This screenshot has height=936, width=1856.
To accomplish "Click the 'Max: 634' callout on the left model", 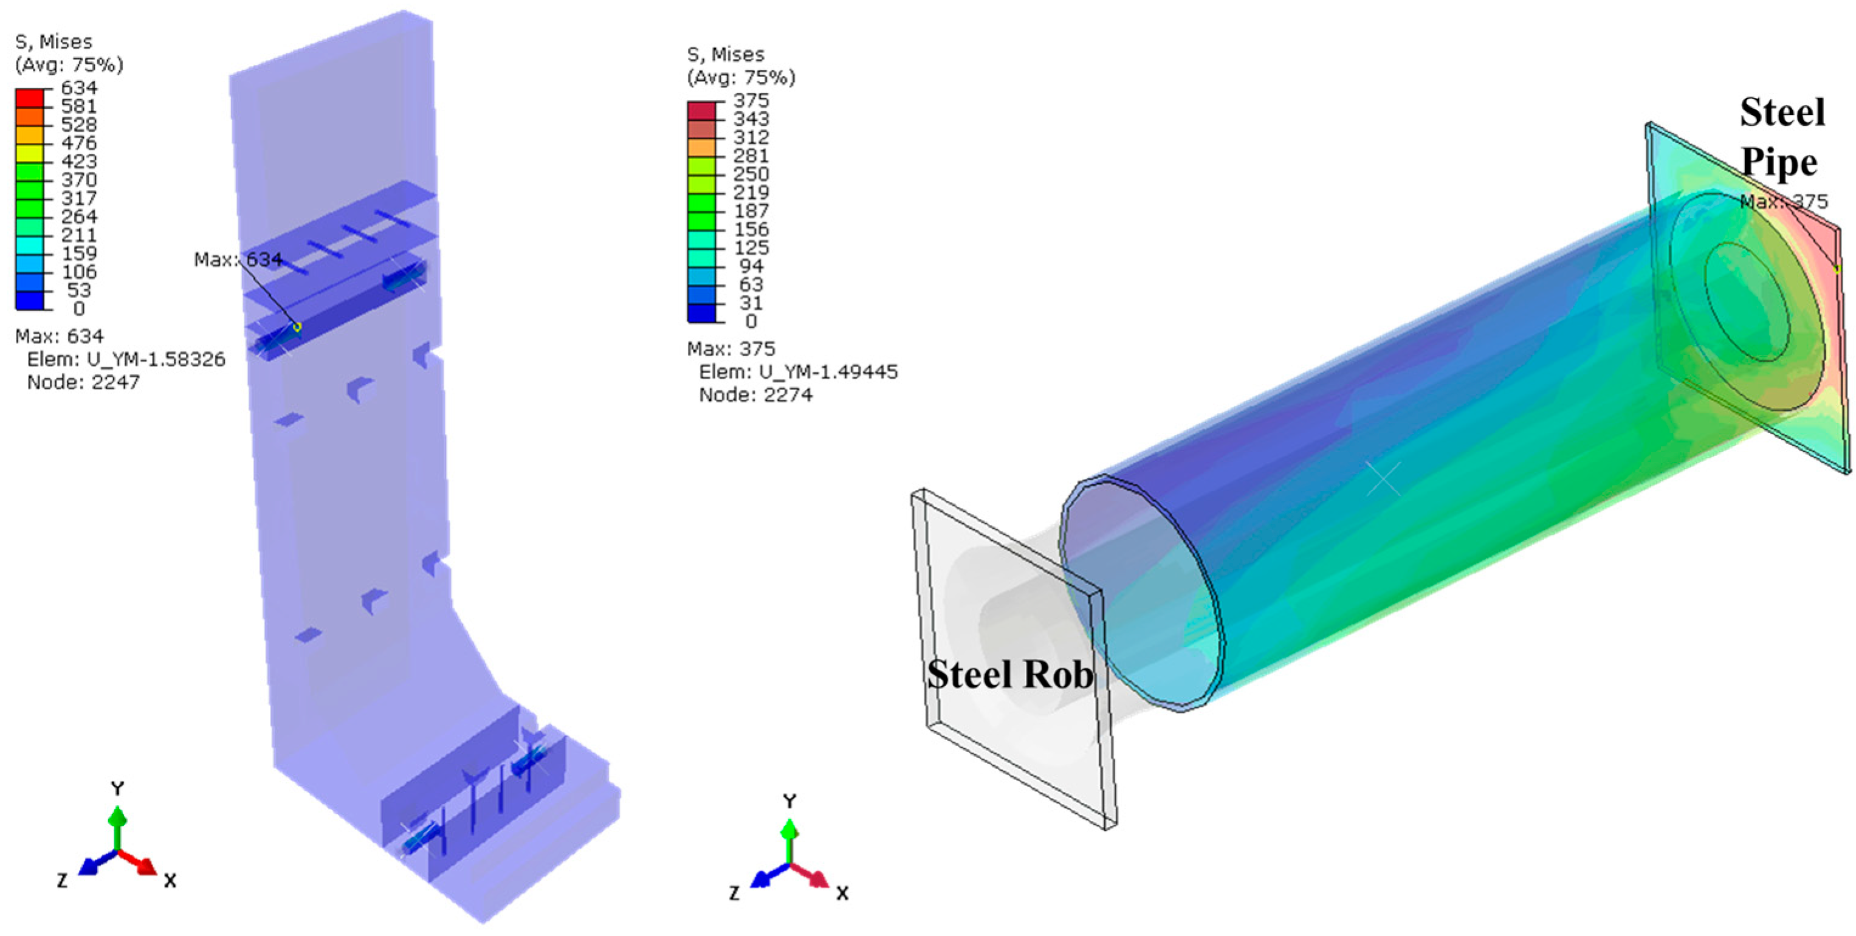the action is pos(238,260).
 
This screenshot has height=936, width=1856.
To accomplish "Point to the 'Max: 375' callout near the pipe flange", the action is pos(1784,202).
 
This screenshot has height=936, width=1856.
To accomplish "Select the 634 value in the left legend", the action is pos(79,88).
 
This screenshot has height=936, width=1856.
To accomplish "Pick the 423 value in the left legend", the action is pos(79,162).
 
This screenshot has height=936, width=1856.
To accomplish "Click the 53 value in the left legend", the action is pos(79,291).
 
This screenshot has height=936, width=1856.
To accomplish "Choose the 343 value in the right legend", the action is pos(751,119).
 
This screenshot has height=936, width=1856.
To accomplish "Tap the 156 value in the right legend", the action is pos(751,230).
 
